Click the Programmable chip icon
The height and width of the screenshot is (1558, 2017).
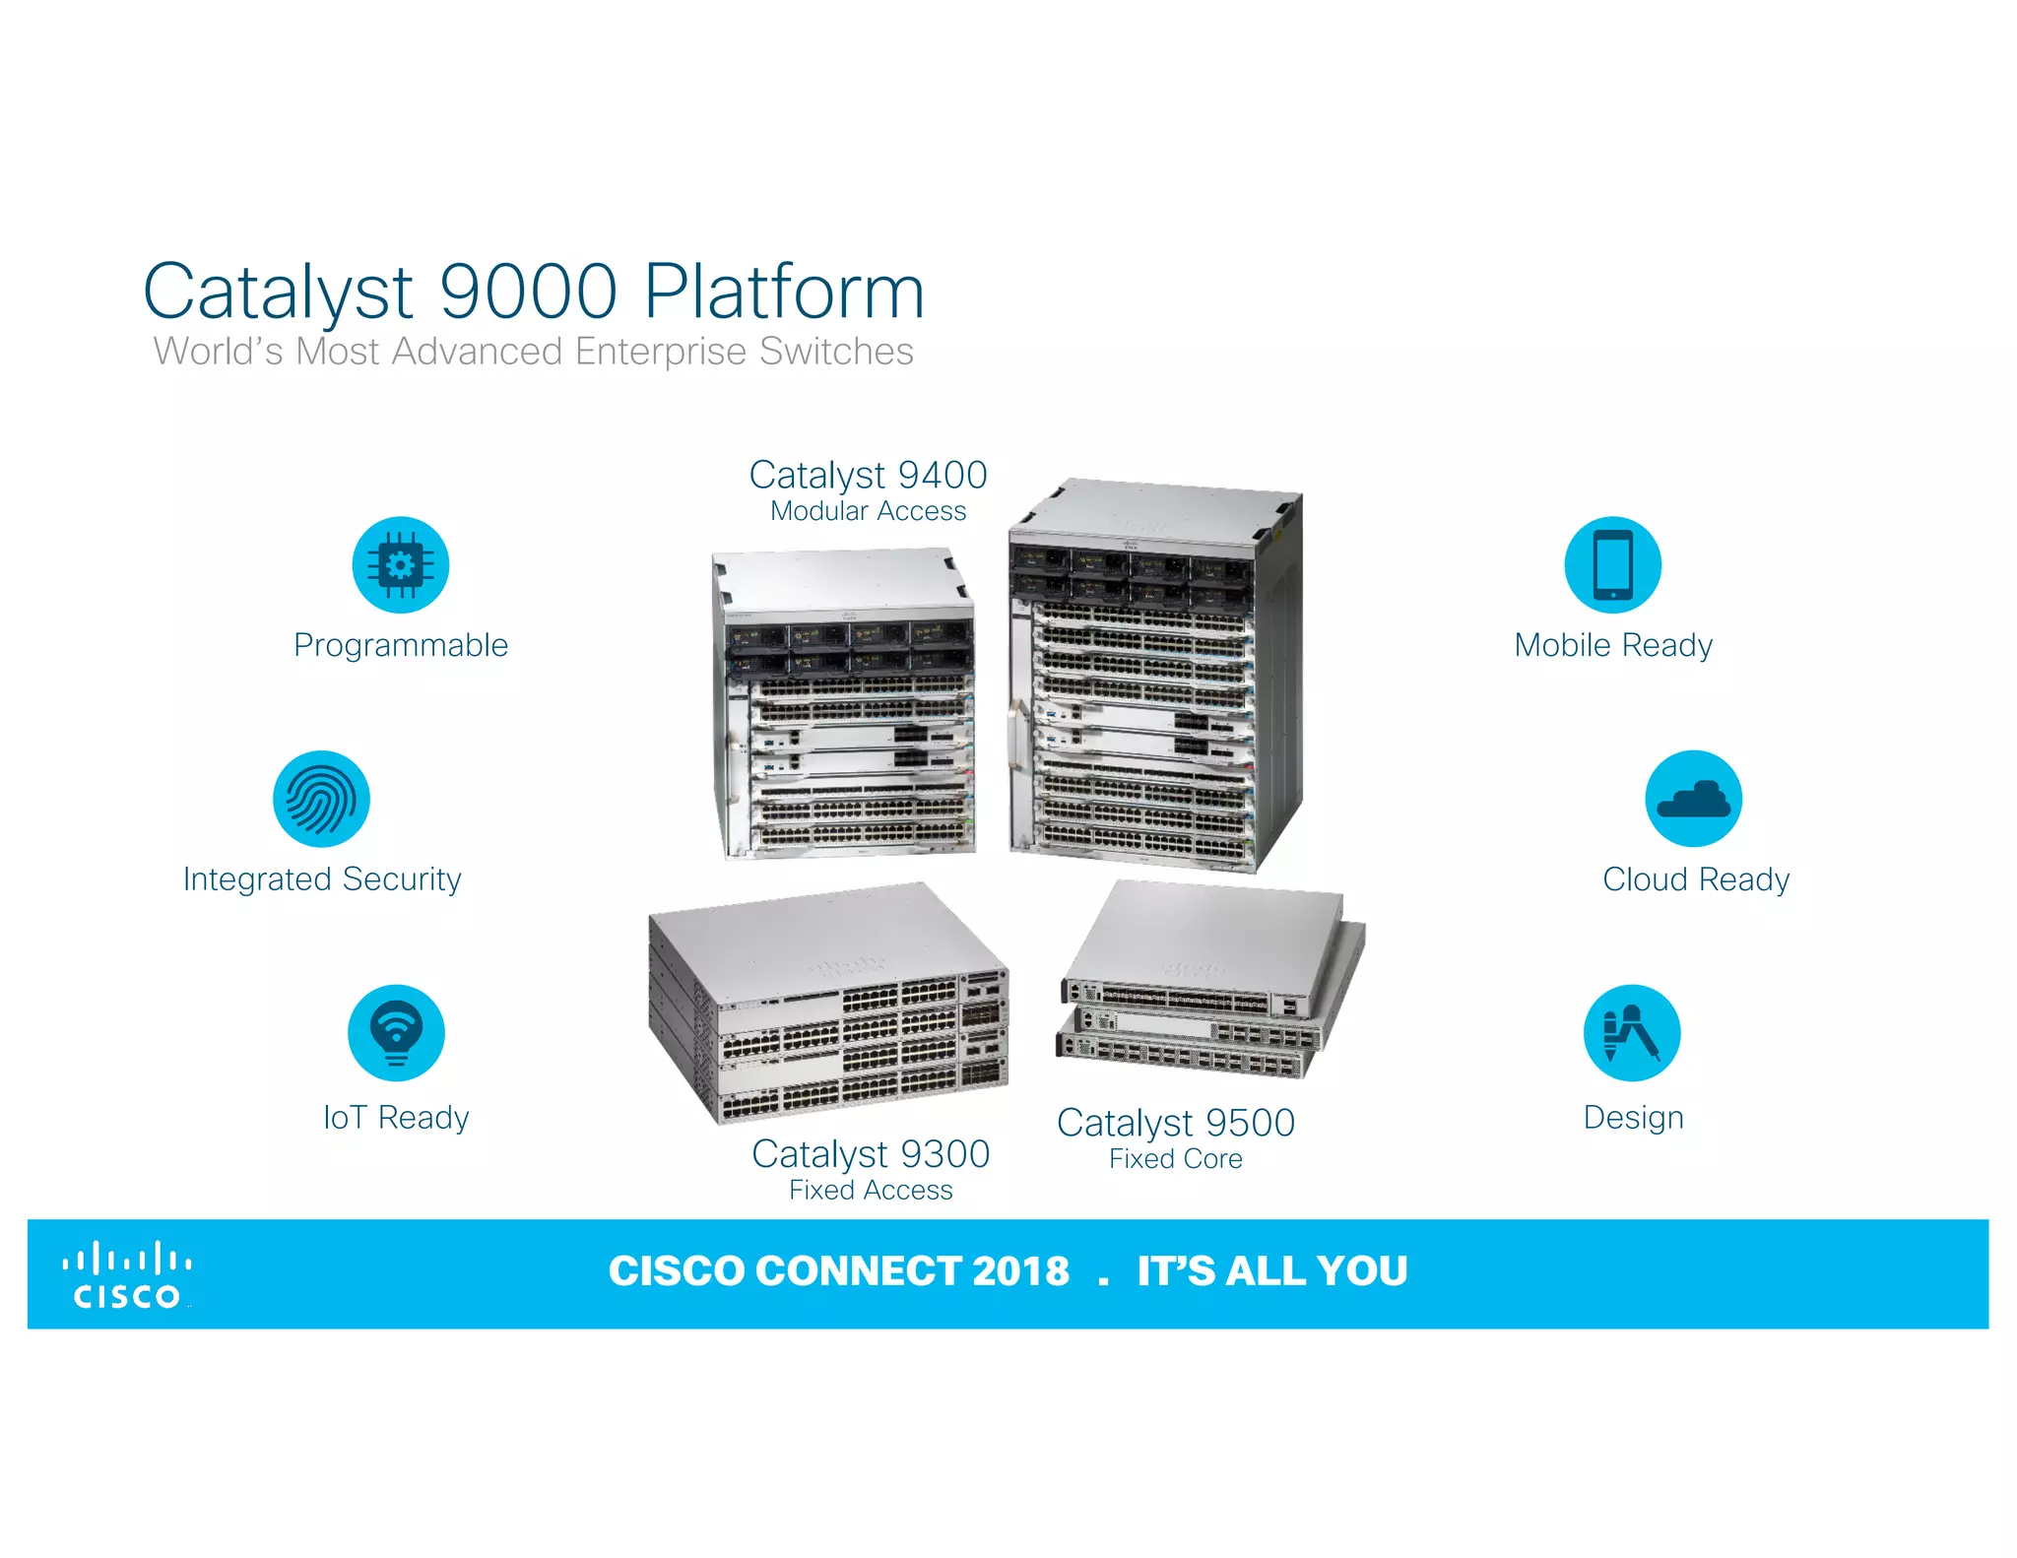401,565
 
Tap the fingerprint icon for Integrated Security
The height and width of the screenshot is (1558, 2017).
321,799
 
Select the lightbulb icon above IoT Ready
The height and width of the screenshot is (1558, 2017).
396,1033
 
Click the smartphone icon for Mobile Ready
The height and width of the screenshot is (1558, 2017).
1612,565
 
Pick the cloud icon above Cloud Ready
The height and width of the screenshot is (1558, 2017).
1693,799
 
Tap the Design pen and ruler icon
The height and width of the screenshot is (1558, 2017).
1631,1033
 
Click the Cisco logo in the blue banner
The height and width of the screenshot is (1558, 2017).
126,1275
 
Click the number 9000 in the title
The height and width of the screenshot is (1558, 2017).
528,292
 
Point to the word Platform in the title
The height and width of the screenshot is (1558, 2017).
784,292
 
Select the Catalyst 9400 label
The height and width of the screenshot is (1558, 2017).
868,476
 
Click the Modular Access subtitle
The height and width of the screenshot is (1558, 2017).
868,511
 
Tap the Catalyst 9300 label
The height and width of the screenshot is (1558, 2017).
871,1154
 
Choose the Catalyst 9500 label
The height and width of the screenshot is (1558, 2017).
1176,1123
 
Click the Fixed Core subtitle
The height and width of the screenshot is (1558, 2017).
1176,1159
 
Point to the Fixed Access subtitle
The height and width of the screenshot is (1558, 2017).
871,1191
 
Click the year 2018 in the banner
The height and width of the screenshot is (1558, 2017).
1020,1271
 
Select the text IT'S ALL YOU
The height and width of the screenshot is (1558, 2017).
1272,1271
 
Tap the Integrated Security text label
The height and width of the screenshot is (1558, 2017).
322,879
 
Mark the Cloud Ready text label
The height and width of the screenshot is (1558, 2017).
1696,879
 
